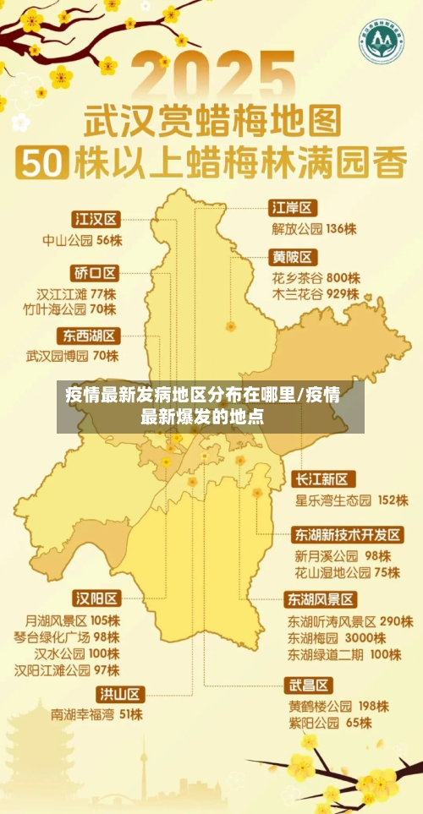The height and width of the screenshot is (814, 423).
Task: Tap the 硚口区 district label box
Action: coord(95,272)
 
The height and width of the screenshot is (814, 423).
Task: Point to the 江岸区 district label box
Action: coord(293,207)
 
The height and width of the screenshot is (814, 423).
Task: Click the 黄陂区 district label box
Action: coord(293,256)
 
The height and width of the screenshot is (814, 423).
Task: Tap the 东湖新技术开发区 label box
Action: coord(348,535)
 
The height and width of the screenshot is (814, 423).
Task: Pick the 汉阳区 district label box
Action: coord(96,598)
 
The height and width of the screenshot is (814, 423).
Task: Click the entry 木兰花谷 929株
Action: coord(316,295)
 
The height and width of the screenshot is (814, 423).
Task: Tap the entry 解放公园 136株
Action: coord(314,228)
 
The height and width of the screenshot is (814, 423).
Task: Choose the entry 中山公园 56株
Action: coord(83,240)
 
